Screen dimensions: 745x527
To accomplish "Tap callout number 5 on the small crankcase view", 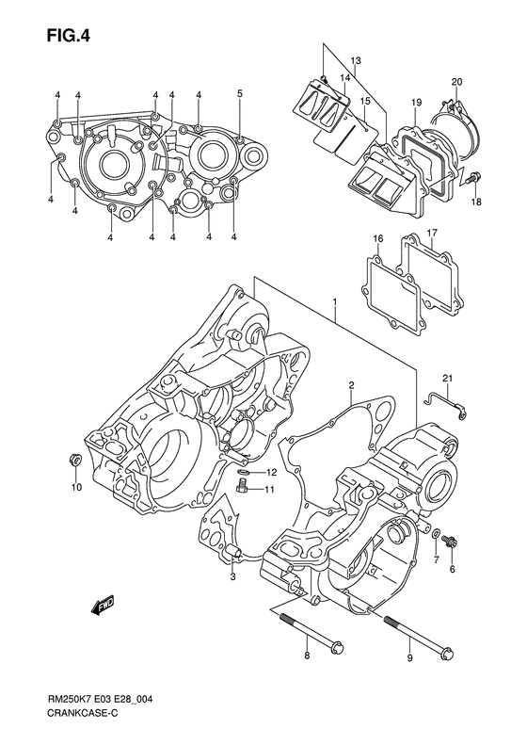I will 240,93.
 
